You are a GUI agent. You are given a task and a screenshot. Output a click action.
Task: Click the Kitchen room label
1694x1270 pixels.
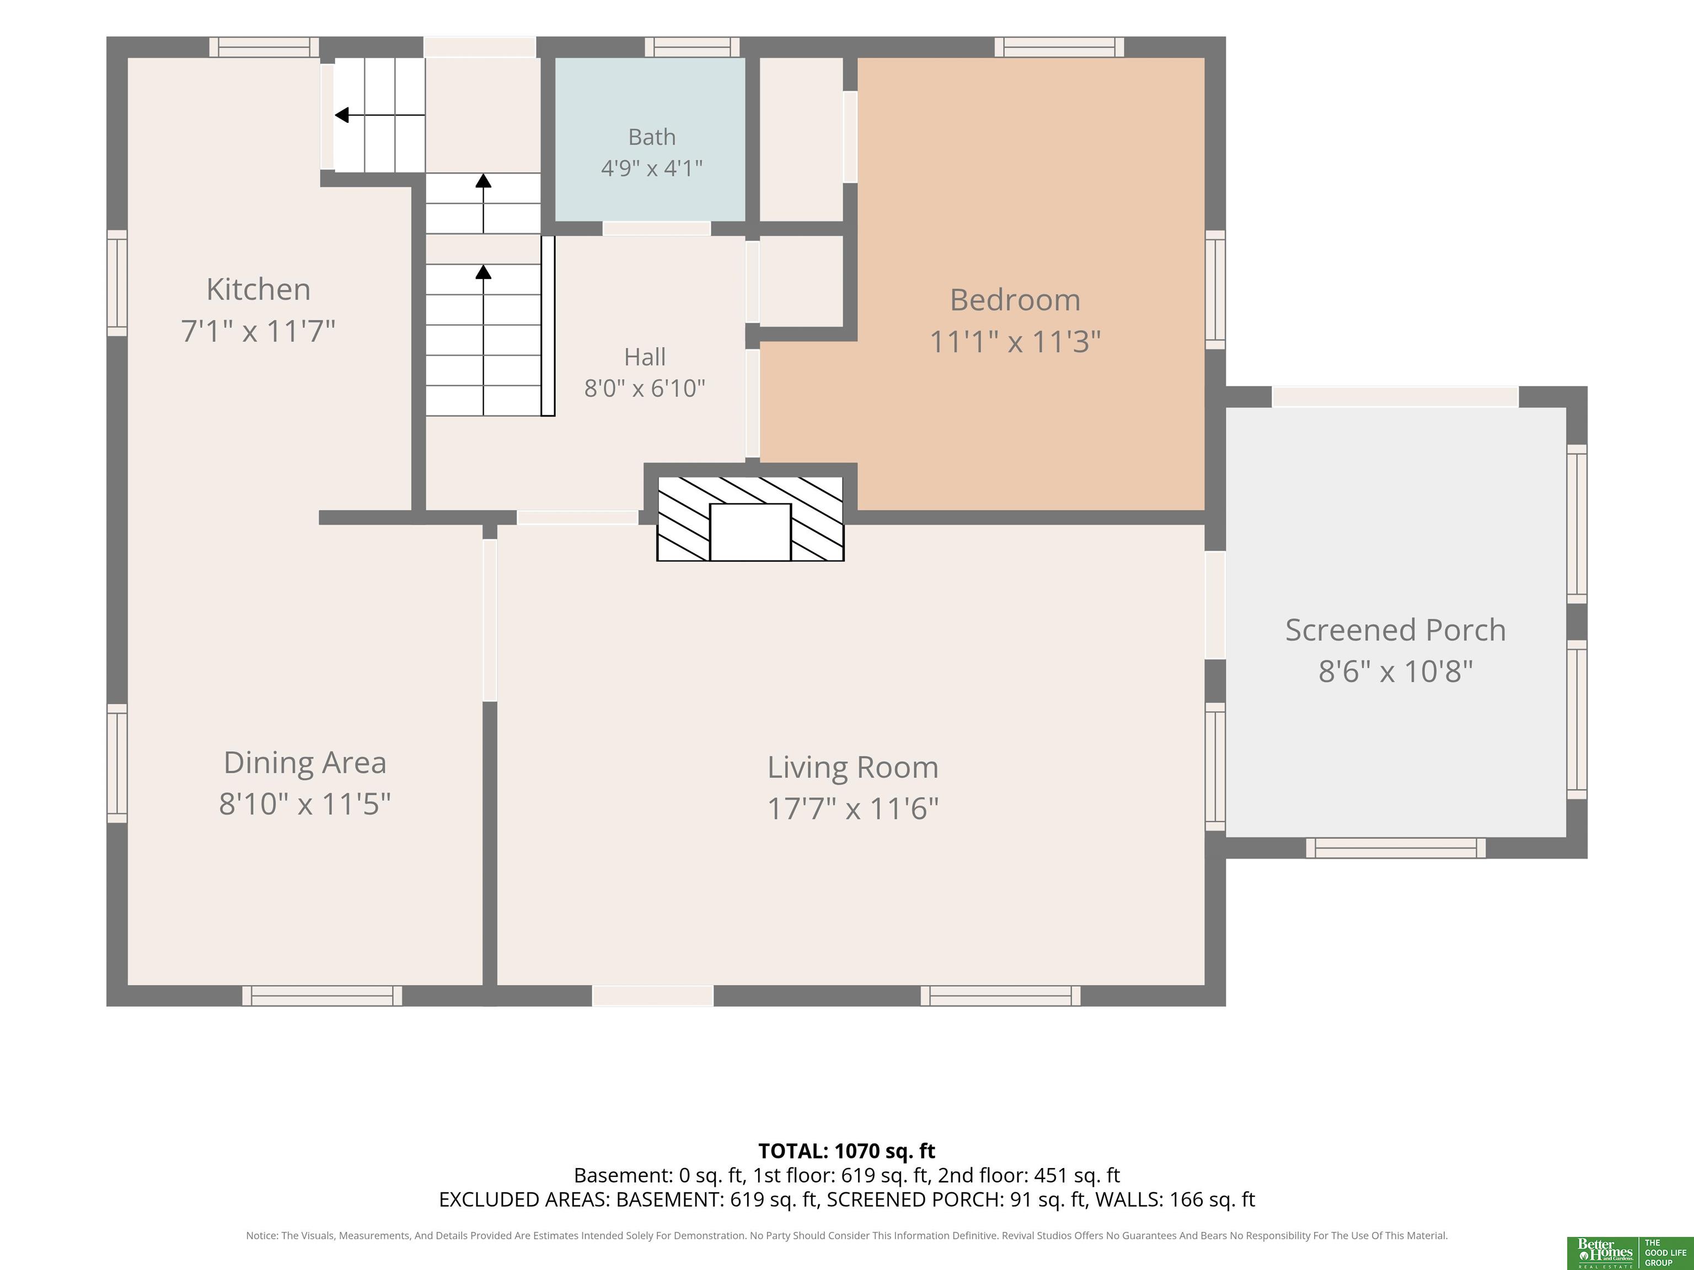[259, 289]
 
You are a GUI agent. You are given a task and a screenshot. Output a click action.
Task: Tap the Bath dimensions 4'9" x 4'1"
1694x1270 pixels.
[652, 168]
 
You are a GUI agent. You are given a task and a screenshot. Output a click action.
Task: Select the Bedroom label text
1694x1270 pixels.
[1015, 300]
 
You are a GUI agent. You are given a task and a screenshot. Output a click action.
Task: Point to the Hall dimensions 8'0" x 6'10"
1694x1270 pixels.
[645, 388]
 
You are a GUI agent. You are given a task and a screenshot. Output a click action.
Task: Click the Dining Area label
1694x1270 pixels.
[305, 762]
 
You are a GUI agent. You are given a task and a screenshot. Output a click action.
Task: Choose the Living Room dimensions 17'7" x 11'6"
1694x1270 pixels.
[853, 809]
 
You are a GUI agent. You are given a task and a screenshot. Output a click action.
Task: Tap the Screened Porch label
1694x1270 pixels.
[1395, 630]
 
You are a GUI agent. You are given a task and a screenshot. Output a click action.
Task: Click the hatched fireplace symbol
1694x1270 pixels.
[750, 519]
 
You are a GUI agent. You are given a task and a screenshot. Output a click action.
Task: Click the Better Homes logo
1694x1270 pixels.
[1605, 1253]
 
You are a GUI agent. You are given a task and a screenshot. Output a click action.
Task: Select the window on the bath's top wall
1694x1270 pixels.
[692, 47]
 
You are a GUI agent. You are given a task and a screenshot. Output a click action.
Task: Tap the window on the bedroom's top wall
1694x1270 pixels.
[1059, 47]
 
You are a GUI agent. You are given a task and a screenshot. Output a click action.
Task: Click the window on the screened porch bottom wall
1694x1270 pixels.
[1395, 847]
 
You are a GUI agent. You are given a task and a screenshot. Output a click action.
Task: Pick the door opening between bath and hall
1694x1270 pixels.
[656, 228]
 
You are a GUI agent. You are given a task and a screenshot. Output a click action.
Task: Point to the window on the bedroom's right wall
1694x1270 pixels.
[1215, 289]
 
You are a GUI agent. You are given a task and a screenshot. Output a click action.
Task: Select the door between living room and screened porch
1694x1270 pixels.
[1215, 605]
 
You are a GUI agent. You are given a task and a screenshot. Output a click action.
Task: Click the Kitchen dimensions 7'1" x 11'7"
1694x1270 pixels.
[258, 331]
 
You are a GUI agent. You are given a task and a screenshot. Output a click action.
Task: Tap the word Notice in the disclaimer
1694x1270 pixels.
[261, 1236]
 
